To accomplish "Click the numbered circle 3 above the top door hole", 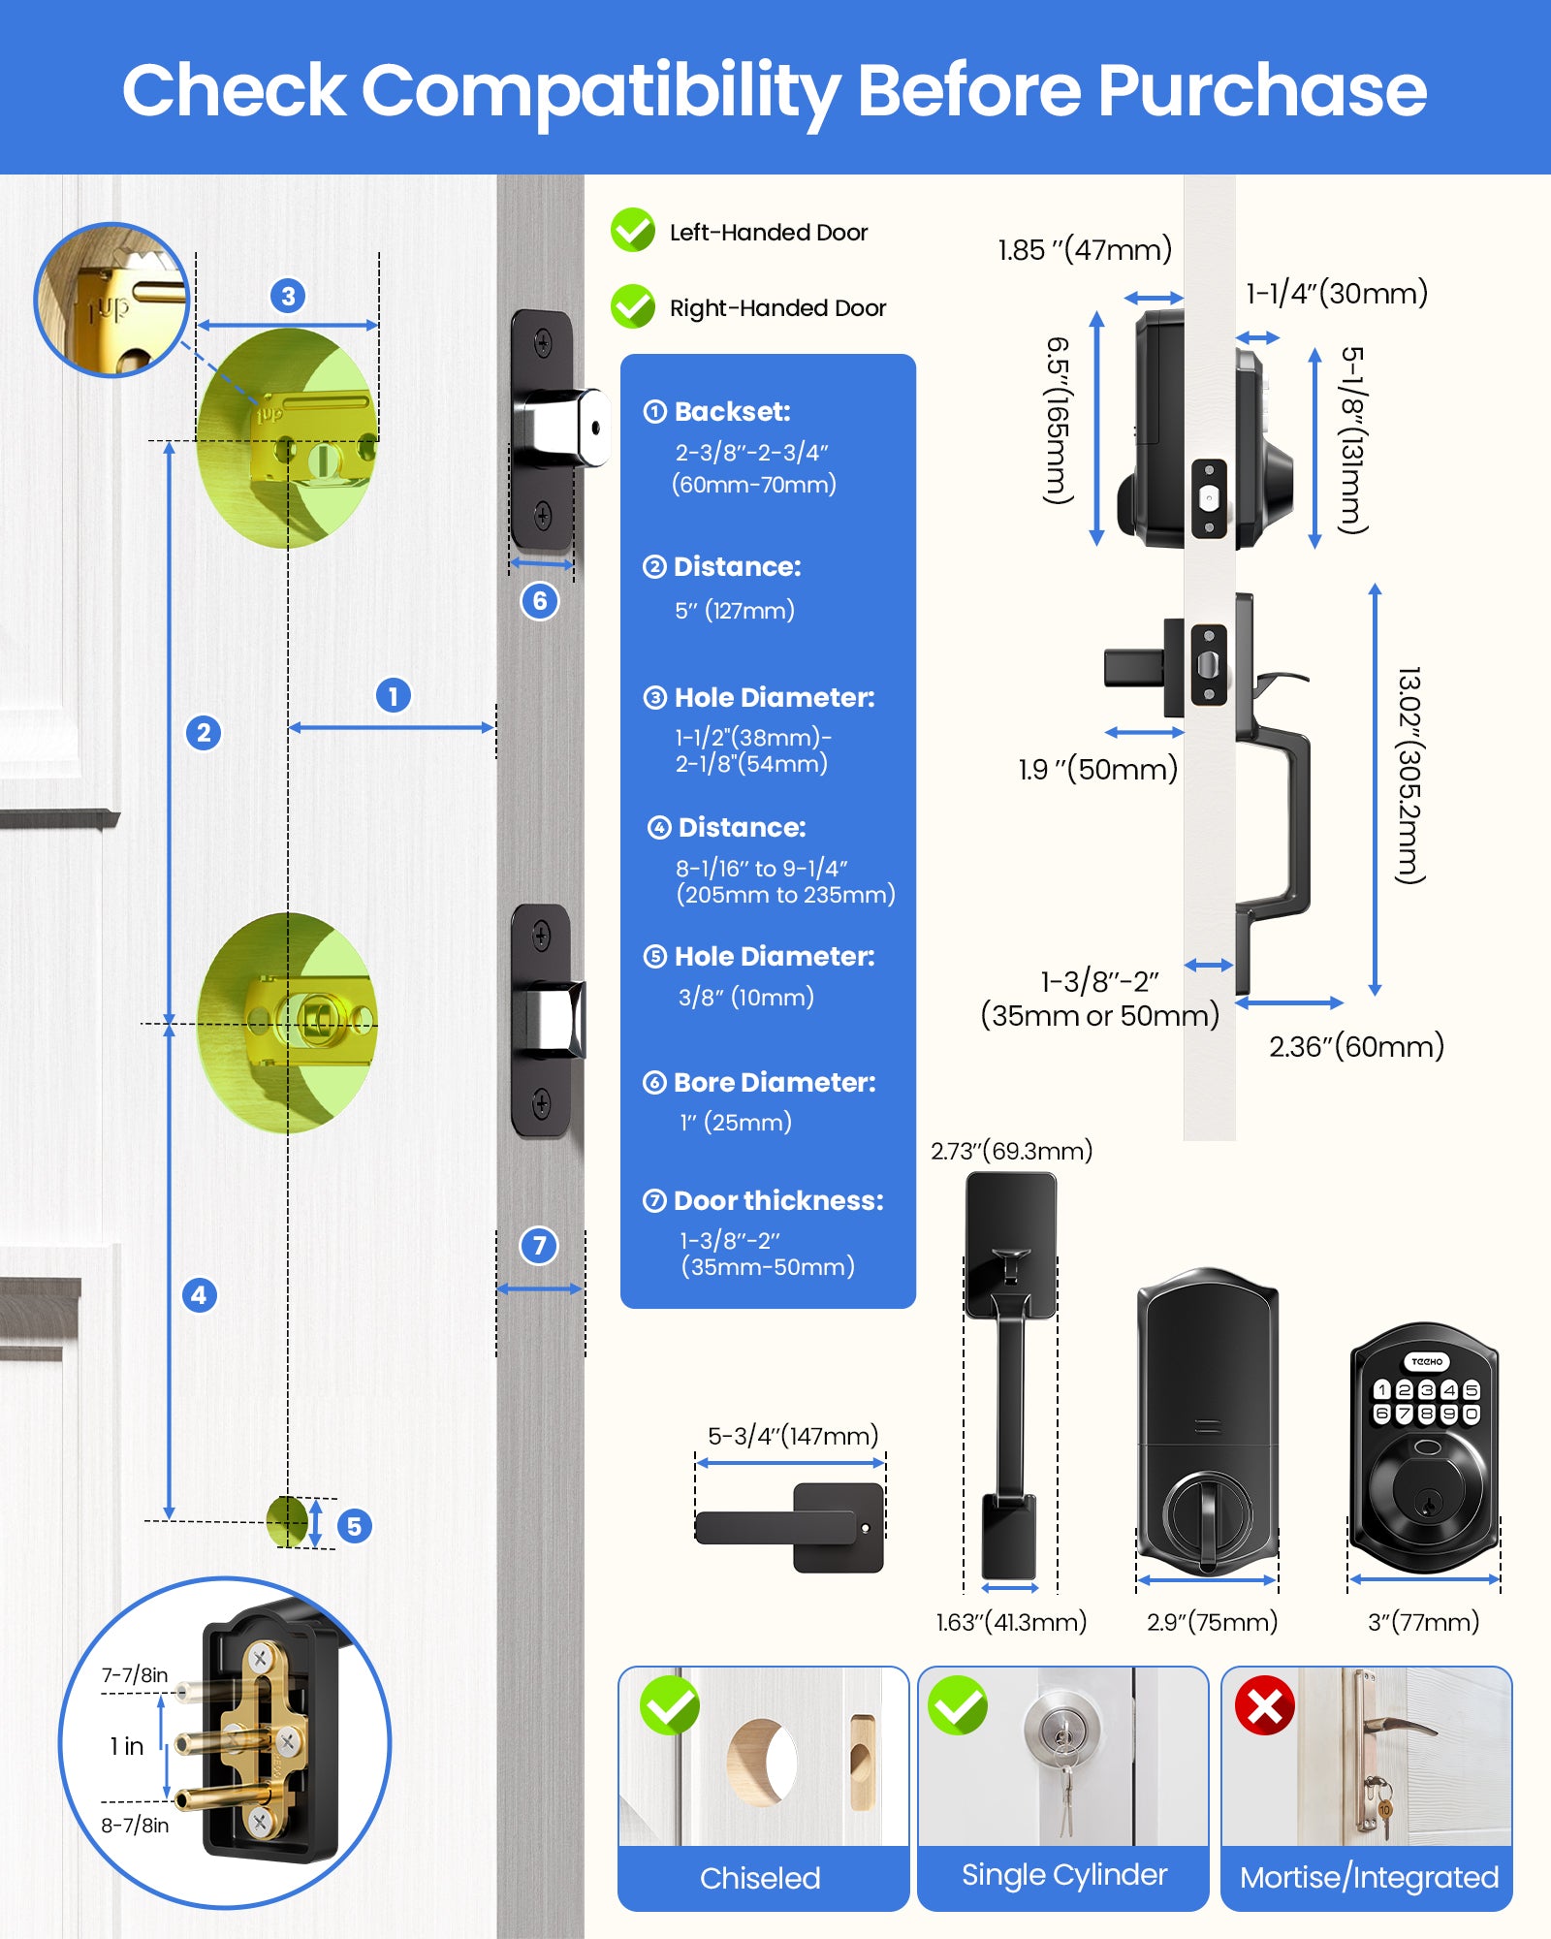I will click(288, 296).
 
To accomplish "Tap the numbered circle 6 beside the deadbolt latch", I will click(540, 601).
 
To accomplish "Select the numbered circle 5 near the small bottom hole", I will click(354, 1526).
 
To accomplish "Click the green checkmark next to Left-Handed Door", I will click(633, 231).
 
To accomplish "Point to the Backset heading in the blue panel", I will click(732, 411).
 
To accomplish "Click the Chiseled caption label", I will click(760, 1878).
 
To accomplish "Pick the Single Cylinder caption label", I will click(1063, 1875).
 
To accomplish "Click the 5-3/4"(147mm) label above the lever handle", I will click(792, 1436).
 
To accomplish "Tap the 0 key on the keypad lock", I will click(1472, 1414).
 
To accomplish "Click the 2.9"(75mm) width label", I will click(1212, 1622).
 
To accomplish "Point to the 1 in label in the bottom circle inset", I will click(127, 1746).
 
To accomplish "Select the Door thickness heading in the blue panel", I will click(777, 1200).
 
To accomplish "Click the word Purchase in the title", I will click(1261, 90).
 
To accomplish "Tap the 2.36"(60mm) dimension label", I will click(1356, 1047).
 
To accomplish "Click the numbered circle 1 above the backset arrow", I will click(393, 695).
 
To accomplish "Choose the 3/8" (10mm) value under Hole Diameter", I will click(745, 997).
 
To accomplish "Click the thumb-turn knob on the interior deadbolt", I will click(1207, 1518).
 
